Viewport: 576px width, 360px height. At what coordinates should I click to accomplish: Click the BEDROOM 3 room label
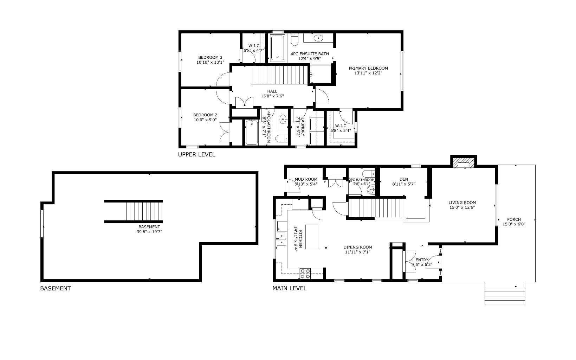pyautogui.click(x=210, y=57)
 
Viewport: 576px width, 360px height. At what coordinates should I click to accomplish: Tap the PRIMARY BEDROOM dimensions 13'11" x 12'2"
pyautogui.click(x=368, y=73)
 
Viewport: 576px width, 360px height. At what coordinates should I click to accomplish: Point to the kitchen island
pyautogui.click(x=312, y=237)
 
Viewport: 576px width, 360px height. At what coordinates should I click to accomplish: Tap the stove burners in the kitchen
pyautogui.click(x=305, y=274)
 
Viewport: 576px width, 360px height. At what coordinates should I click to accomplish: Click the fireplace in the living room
pyautogui.click(x=463, y=163)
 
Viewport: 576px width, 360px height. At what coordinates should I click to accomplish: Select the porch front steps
pyautogui.click(x=505, y=295)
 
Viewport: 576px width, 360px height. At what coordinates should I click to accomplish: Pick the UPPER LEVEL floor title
pyautogui.click(x=196, y=154)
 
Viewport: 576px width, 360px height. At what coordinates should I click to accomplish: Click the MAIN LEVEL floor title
pyautogui.click(x=290, y=288)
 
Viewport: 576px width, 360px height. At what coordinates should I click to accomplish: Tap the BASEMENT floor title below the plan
pyautogui.click(x=56, y=288)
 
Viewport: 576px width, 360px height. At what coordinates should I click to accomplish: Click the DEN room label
pyautogui.click(x=404, y=179)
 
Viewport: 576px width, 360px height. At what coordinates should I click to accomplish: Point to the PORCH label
pyautogui.click(x=514, y=219)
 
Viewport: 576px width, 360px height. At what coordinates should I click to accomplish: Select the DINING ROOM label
pyautogui.click(x=357, y=247)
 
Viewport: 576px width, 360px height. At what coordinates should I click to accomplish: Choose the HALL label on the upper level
pyautogui.click(x=272, y=91)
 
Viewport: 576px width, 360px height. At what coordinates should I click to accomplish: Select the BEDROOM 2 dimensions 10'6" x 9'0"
pyautogui.click(x=205, y=120)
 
